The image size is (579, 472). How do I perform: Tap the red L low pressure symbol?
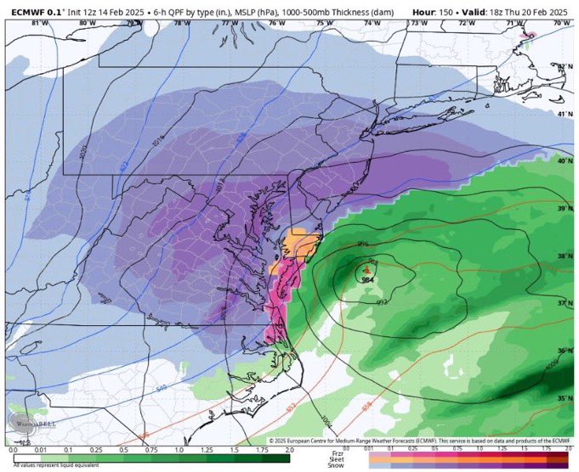(367, 271)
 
